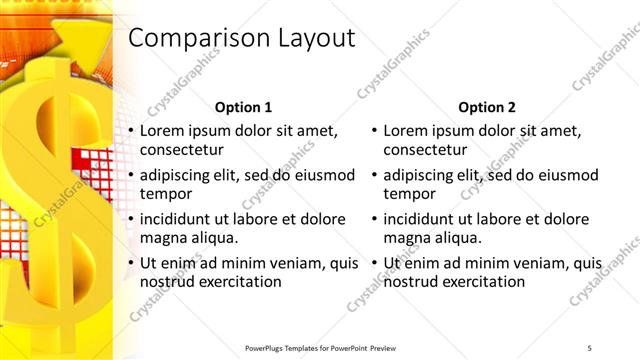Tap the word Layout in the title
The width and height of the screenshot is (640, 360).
[x=310, y=39]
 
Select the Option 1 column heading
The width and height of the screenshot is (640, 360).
[x=242, y=107]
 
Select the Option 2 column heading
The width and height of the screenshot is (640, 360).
[x=486, y=107]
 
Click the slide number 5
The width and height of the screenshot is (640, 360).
[x=590, y=347]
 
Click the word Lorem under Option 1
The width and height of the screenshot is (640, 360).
[x=162, y=130]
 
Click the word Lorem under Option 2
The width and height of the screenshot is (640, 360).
[x=406, y=130]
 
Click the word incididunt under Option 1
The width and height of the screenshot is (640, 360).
[x=178, y=218]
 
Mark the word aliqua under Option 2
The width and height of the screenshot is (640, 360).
[x=456, y=238]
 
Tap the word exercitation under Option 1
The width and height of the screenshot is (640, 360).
[x=239, y=282]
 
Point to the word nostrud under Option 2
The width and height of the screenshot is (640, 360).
[x=411, y=282]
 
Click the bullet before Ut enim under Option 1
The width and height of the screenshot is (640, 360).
[x=130, y=263]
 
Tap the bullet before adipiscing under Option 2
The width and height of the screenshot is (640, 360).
[x=374, y=175]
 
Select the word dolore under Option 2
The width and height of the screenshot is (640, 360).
[x=568, y=218]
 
